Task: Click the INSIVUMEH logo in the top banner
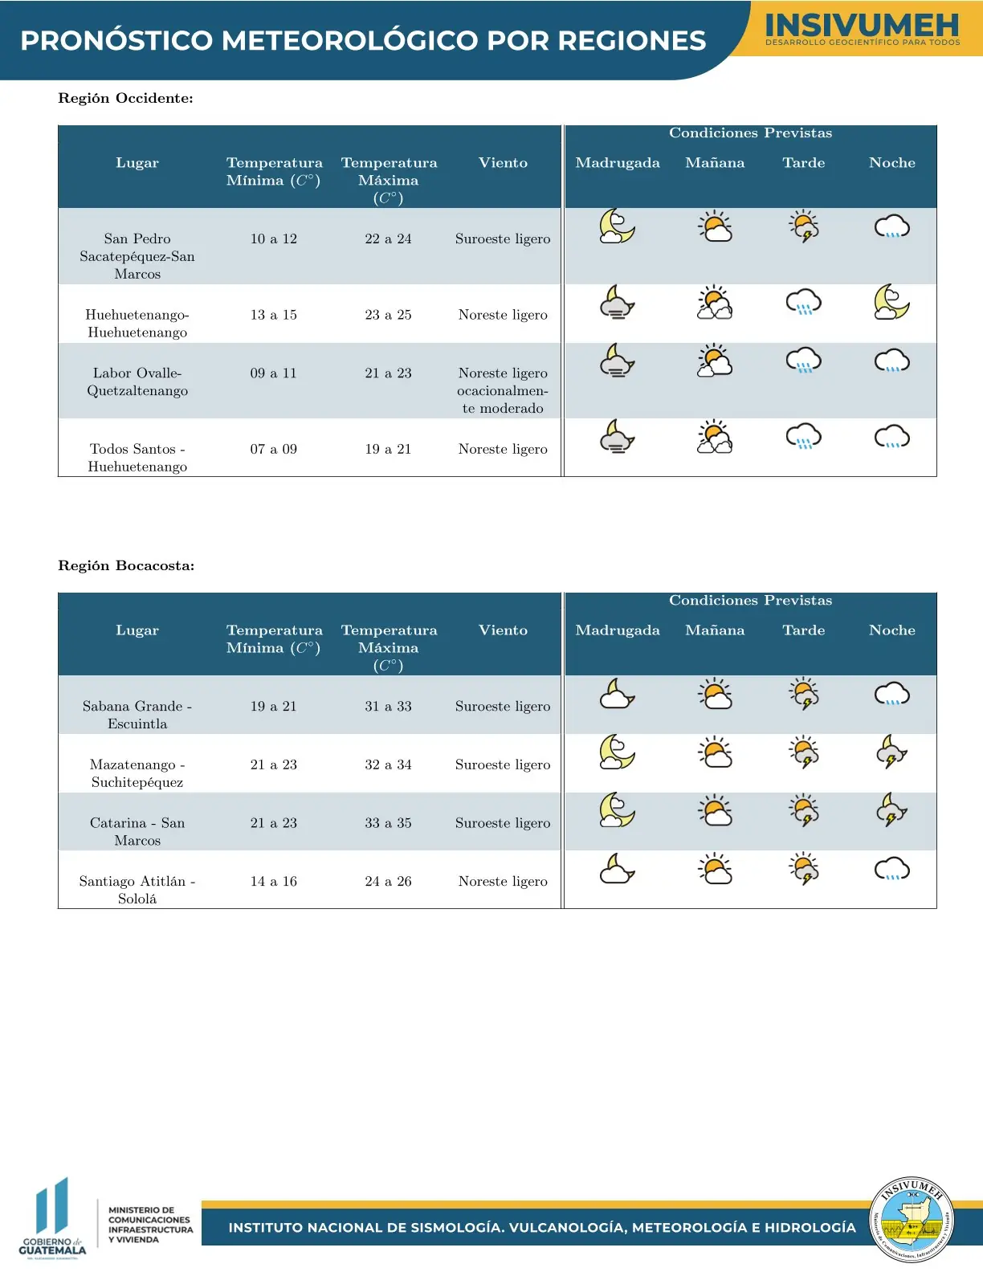[862, 30]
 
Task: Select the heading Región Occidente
[125, 99]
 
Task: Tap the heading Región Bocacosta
[126, 566]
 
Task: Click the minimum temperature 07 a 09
[273, 449]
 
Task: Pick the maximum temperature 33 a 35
[388, 823]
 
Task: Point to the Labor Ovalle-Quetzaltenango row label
[137, 382]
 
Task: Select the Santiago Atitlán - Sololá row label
[137, 890]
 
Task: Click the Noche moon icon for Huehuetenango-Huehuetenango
[891, 302]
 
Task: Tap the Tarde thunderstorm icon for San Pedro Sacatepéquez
[803, 226]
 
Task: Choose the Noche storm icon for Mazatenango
[891, 752]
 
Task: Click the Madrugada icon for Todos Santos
[618, 437]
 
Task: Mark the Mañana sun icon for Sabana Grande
[715, 694]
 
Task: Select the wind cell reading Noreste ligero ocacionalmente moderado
[503, 390]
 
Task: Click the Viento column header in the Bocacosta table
[503, 630]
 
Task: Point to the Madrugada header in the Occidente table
[618, 163]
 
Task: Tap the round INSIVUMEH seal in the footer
[911, 1220]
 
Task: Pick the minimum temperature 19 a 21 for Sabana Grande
[273, 707]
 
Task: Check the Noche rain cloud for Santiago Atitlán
[891, 870]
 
